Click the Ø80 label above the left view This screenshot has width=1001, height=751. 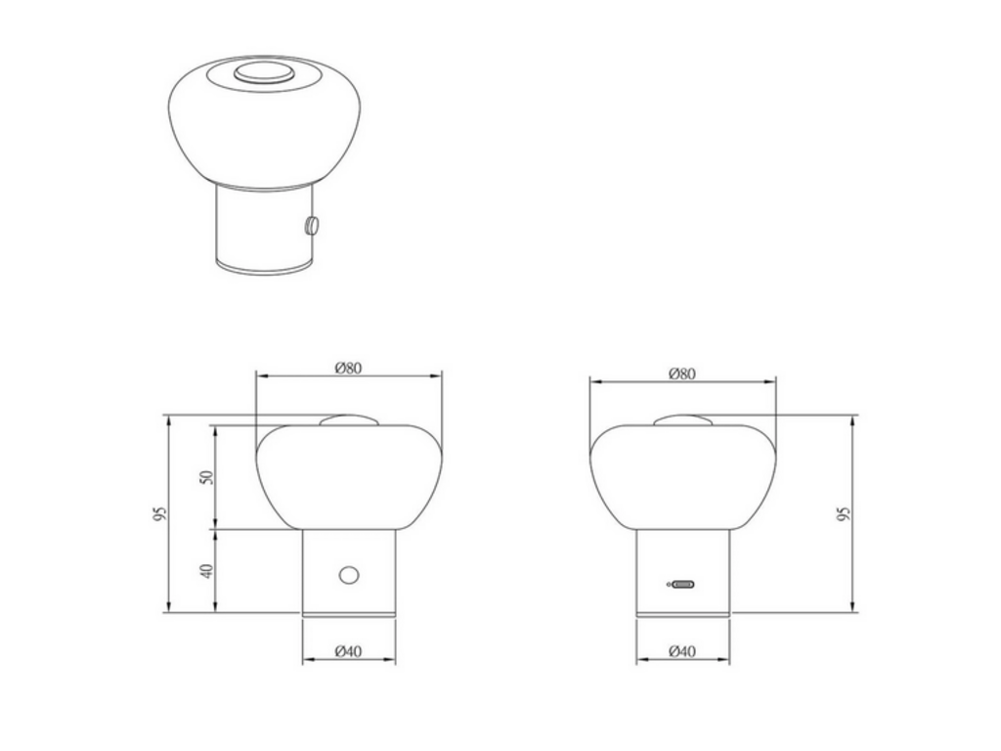348,368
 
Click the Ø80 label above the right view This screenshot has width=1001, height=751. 681,374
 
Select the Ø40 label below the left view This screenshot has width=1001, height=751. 348,651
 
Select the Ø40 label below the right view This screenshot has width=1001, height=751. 681,651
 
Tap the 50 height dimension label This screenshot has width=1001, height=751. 206,477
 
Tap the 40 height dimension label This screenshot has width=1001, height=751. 206,571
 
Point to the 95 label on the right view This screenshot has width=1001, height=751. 844,514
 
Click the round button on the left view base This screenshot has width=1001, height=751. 349,575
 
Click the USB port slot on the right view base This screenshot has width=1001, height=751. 683,585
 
